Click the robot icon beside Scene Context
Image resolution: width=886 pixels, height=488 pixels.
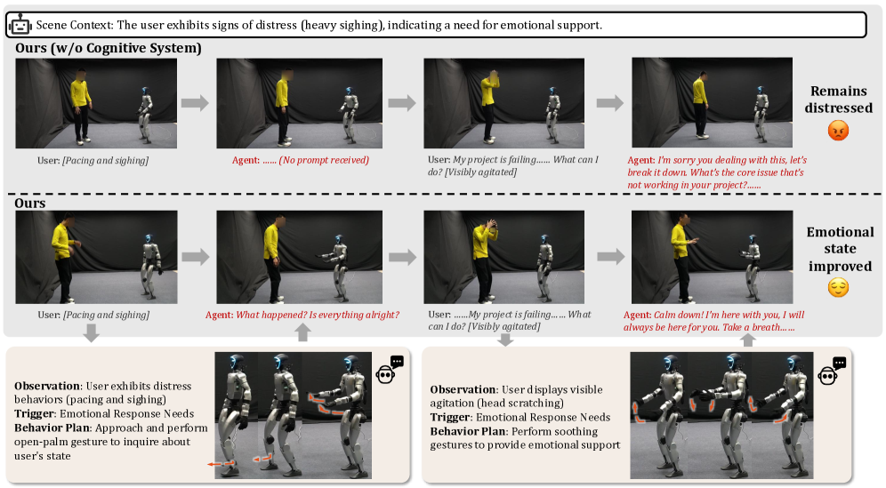click(x=20, y=26)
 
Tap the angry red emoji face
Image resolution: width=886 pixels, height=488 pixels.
click(x=838, y=131)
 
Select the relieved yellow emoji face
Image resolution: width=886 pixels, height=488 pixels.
click(x=838, y=287)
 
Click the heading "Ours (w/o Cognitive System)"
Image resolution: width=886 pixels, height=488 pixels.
click(x=108, y=48)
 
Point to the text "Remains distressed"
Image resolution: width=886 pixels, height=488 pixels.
click(x=839, y=100)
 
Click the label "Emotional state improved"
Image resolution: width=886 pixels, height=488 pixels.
click(x=840, y=249)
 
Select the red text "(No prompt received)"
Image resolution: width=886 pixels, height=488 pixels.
click(x=324, y=160)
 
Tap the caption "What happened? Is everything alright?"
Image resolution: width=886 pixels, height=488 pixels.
click(x=318, y=315)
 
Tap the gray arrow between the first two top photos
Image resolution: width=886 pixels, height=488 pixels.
click(x=195, y=103)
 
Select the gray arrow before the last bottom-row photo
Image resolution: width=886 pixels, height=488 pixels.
click(x=611, y=257)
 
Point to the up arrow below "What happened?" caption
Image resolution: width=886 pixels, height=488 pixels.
click(x=302, y=332)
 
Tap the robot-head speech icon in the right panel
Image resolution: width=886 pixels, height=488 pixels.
click(x=832, y=371)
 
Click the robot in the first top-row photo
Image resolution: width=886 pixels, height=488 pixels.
click(x=146, y=114)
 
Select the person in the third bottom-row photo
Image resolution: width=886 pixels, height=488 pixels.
click(x=484, y=260)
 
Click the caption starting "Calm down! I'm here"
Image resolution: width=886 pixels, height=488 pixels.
click(x=714, y=321)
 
